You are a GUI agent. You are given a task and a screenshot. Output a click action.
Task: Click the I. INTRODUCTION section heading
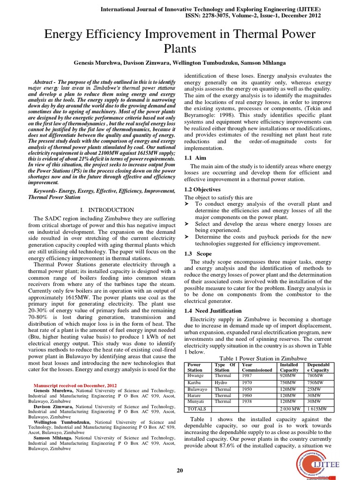click(x=107, y=210)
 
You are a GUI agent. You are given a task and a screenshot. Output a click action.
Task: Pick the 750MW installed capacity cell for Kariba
click(x=288, y=382)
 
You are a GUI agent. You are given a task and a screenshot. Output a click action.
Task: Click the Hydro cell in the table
click(x=220, y=382)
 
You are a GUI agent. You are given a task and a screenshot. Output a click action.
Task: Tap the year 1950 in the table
click(x=247, y=389)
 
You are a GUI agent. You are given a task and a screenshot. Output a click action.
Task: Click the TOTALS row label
click(x=197, y=409)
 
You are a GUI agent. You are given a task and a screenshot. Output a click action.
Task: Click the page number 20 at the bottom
click(x=180, y=471)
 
